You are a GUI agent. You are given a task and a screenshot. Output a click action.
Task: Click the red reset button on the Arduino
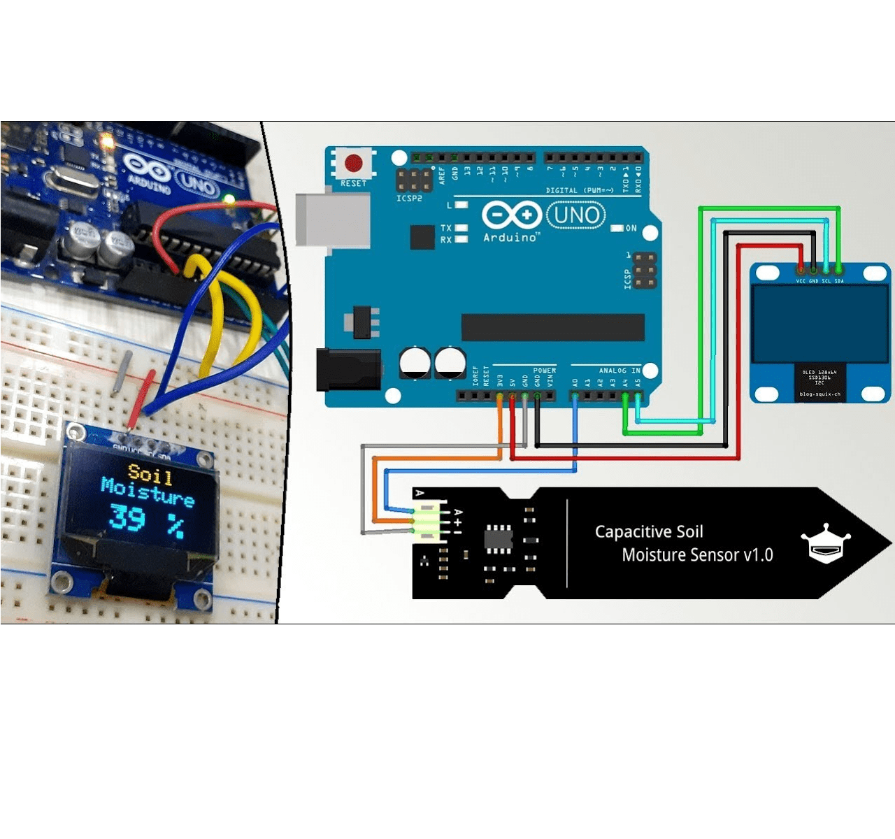click(354, 164)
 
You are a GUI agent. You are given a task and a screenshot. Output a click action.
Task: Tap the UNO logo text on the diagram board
click(575, 215)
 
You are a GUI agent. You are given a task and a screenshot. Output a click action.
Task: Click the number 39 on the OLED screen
click(127, 517)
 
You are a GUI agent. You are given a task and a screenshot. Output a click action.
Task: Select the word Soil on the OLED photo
click(150, 474)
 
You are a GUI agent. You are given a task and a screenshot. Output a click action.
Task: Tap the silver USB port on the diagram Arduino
click(332, 219)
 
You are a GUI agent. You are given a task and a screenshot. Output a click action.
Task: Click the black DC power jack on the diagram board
click(348, 369)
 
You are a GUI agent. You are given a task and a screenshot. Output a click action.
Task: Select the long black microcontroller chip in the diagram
click(552, 327)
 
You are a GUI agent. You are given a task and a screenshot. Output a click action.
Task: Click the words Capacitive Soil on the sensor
click(649, 532)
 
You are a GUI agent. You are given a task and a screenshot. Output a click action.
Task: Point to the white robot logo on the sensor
click(825, 543)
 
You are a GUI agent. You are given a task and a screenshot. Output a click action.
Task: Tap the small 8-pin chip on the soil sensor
click(499, 538)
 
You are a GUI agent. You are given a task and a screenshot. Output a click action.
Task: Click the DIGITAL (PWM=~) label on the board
click(580, 190)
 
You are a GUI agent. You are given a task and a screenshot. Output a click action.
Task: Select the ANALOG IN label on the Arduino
click(620, 371)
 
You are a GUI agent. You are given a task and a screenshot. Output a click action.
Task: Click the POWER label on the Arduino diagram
click(544, 371)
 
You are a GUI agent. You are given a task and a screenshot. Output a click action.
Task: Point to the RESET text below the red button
click(353, 183)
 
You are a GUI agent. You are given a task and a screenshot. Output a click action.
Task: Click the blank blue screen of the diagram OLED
click(819, 324)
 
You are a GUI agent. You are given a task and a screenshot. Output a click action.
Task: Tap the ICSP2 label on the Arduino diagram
click(409, 199)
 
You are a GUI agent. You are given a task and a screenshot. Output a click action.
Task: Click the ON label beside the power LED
click(631, 228)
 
